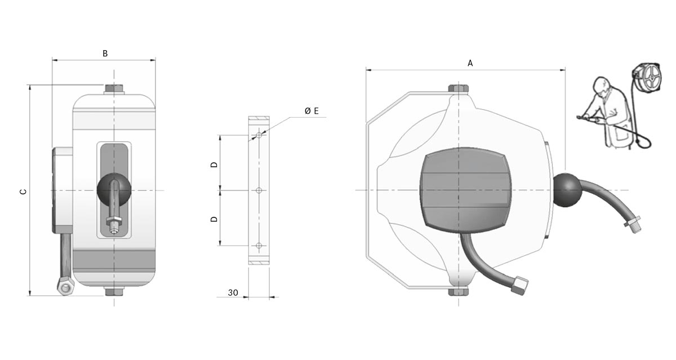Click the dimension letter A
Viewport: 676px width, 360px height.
tap(470, 63)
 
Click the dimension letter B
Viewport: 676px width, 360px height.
tap(105, 54)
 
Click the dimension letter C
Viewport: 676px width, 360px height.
tap(23, 192)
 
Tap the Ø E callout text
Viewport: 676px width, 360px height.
tap(312, 111)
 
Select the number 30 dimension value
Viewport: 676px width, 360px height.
tap(233, 293)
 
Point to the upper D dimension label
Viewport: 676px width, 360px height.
tap(214, 165)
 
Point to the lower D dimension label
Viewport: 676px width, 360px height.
tap(214, 219)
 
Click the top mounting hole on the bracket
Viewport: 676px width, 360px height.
tap(259, 135)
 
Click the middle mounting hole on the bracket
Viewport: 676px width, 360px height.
tap(259, 190)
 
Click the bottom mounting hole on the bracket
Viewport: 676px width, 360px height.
tap(259, 246)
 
